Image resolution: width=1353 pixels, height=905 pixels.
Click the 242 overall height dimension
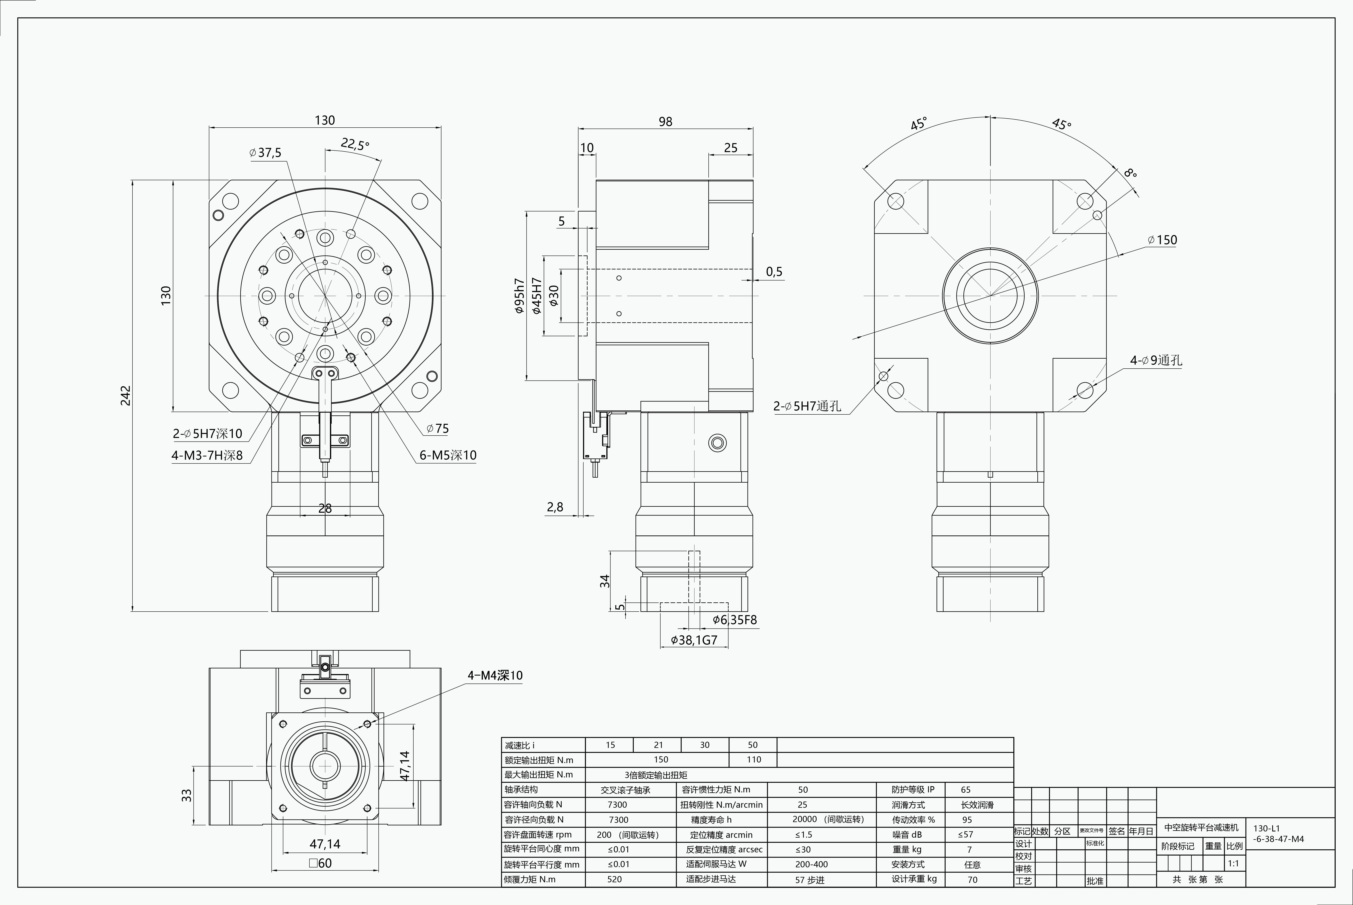pos(125,395)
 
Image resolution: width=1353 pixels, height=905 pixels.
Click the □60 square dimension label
pos(320,863)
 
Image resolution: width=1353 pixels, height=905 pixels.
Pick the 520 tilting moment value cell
pos(614,879)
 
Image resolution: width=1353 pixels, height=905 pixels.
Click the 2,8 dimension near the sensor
pos(555,507)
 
